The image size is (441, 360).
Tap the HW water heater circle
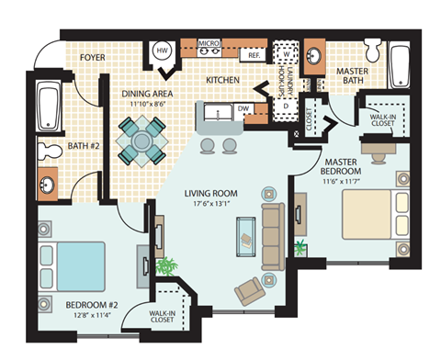[162, 51]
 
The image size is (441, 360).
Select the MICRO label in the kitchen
[208, 42]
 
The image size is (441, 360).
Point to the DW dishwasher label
[244, 109]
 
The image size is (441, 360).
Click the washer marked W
[288, 53]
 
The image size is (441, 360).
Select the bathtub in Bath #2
[48, 106]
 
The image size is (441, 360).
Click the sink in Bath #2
[46, 185]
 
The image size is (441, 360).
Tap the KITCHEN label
[222, 81]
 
